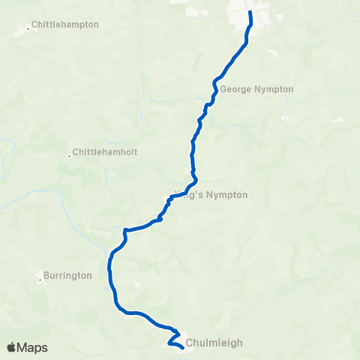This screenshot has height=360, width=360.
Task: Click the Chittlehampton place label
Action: pyautogui.click(x=66, y=25)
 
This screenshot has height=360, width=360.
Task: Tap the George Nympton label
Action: pyautogui.click(x=256, y=89)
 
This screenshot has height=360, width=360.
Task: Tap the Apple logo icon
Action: pyautogui.click(x=11, y=347)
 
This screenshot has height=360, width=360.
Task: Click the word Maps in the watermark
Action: pyautogui.click(x=33, y=348)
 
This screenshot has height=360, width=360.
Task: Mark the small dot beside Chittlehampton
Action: pyautogui.click(x=28, y=28)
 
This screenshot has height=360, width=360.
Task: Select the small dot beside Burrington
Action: pyautogui.click(x=40, y=280)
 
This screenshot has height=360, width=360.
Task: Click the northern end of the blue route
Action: pyautogui.click(x=250, y=13)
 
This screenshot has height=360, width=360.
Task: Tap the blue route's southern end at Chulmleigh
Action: pyautogui.click(x=183, y=347)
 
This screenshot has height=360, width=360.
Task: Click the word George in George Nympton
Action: pyautogui.click(x=234, y=89)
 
